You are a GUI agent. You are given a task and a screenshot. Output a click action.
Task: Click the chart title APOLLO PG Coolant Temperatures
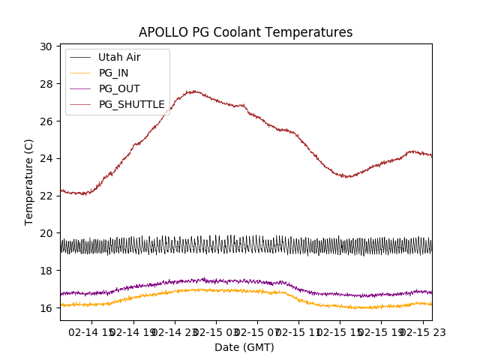coord(245,32)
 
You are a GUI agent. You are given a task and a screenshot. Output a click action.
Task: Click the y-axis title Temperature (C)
coord(28,181)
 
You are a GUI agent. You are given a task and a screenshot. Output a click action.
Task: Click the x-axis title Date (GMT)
coord(244,347)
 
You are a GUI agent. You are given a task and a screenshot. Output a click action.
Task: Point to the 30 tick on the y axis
coord(46,46)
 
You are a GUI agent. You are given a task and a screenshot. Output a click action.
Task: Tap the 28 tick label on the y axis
coord(46,84)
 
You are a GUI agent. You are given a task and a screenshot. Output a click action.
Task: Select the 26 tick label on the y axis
coord(46,121)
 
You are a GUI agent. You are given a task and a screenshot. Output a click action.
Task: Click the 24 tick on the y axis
coord(46,158)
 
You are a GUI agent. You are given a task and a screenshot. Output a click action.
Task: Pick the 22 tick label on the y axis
coord(46,196)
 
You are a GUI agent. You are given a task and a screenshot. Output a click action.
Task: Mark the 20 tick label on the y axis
coord(46,233)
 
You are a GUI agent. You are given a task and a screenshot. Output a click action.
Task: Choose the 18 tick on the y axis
coord(46,271)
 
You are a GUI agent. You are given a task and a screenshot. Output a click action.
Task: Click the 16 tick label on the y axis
coord(46,307)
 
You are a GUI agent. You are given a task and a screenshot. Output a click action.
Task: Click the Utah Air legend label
coord(119,57)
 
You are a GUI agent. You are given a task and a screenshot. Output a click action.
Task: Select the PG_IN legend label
coord(114,73)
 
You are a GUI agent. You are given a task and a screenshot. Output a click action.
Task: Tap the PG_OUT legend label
coord(119,88)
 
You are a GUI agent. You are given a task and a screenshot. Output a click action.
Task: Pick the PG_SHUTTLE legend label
coord(131,104)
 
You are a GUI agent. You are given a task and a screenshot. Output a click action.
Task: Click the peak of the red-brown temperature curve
coord(194,91)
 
